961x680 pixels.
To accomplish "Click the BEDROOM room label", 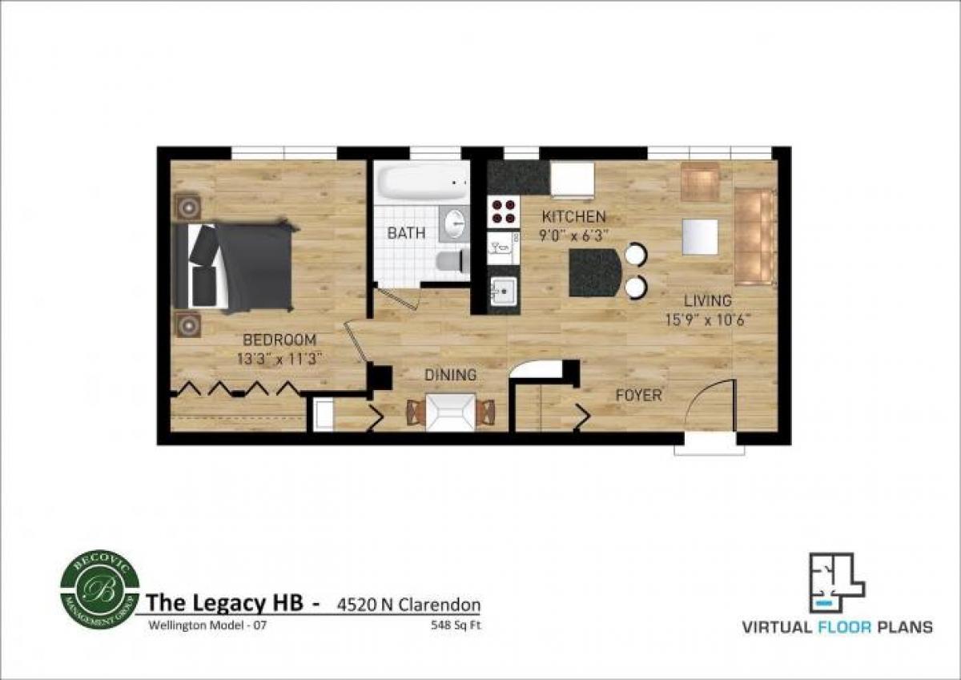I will coord(279,340).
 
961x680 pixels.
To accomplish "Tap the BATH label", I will coord(406,233).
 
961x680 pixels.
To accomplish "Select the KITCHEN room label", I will coord(573,216).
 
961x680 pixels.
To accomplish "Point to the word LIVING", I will coord(707,301).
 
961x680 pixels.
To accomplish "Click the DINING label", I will coord(450,374).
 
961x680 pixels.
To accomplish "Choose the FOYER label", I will coord(638,395).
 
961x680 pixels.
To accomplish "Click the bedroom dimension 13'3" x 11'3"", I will coord(279,359).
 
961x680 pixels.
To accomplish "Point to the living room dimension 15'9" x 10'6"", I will coord(707,320).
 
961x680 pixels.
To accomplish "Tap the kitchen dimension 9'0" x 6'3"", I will coord(573,235).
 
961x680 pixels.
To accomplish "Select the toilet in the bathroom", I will coord(452,260).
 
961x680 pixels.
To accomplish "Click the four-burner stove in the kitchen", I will coord(503,211).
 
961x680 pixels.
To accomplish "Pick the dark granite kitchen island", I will coord(595,272).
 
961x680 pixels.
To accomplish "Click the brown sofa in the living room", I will coord(754,236).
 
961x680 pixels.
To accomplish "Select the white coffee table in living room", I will coord(700,236).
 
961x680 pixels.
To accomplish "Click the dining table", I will coord(451,412).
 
